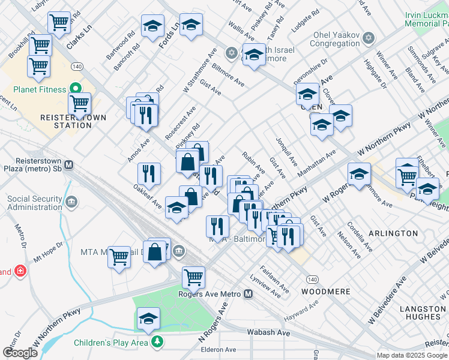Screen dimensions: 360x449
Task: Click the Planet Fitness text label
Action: pyautogui.click(x=34, y=90)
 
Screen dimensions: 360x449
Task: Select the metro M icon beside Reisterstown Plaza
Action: pyautogui.click(x=68, y=164)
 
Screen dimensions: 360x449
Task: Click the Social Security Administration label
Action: pyautogui.click(x=35, y=203)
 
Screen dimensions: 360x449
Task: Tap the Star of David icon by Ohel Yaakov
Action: pyautogui.click(x=369, y=38)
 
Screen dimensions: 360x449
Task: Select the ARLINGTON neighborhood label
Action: pyautogui.click(x=393, y=233)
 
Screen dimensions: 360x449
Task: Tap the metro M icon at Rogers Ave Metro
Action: pyautogui.click(x=249, y=294)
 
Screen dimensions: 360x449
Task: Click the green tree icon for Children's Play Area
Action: pyautogui.click(x=157, y=342)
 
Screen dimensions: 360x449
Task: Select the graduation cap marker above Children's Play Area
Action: pyautogui.click(x=148, y=318)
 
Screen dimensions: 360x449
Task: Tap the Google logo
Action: pyautogui.click(x=20, y=353)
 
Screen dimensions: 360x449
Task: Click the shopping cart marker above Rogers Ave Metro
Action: pyautogui.click(x=193, y=277)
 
